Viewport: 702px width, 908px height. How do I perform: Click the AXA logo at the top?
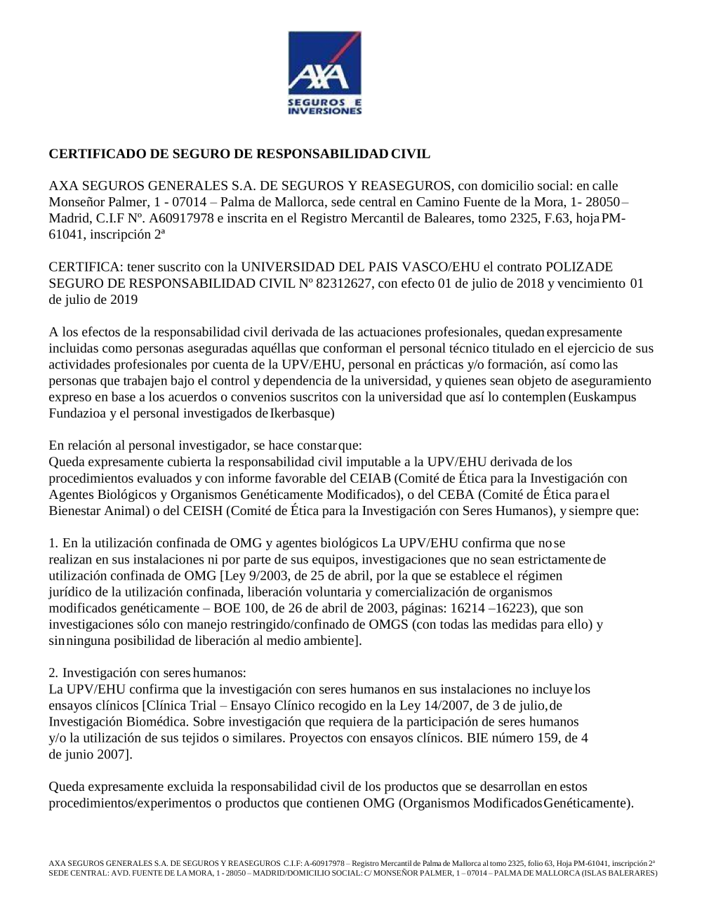coord(325,72)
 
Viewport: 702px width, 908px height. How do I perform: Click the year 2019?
coord(124,300)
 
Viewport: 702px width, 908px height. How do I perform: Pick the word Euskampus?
coord(604,397)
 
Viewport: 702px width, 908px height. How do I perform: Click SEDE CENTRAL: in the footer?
coord(74,873)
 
